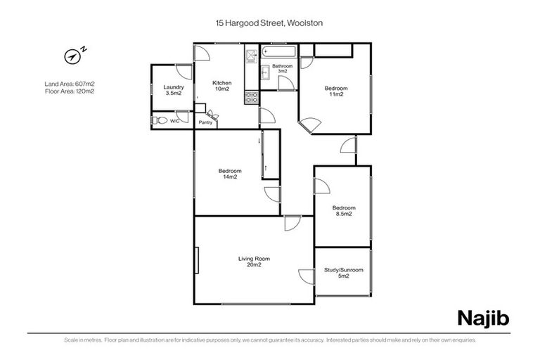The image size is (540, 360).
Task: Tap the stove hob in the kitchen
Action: click(x=251, y=98)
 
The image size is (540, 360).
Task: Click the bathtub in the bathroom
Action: click(x=278, y=51)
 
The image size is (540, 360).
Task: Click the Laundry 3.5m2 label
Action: click(x=173, y=90)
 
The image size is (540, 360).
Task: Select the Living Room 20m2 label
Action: click(x=254, y=262)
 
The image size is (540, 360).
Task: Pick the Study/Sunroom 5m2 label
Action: click(x=343, y=273)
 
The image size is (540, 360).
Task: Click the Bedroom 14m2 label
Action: click(x=230, y=174)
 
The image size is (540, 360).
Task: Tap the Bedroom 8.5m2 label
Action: click(x=344, y=210)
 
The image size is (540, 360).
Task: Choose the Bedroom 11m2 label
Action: click(x=335, y=91)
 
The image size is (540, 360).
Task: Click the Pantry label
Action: click(x=205, y=123)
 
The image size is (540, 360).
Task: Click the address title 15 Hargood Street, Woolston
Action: click(x=269, y=23)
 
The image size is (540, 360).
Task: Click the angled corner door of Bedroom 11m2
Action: click(x=310, y=125)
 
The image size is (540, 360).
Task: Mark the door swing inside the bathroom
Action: click(x=285, y=82)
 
